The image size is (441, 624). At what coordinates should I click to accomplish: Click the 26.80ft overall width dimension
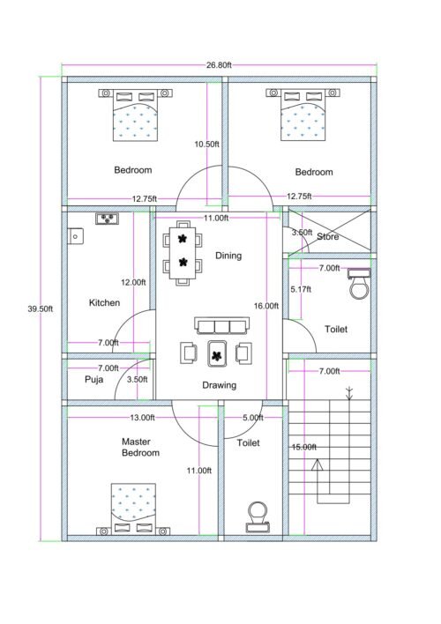click(x=219, y=65)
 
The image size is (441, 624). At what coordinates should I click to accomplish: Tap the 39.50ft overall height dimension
click(x=41, y=309)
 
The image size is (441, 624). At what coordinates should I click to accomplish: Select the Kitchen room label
click(x=104, y=302)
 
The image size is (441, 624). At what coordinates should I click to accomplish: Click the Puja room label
click(x=93, y=380)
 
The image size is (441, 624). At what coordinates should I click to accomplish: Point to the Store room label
click(x=328, y=236)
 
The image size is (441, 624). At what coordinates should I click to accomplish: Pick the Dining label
click(x=228, y=256)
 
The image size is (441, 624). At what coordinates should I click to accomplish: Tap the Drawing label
click(x=218, y=385)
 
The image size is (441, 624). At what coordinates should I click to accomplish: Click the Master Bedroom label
click(x=140, y=446)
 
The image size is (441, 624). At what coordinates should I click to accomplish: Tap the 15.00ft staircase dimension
click(x=303, y=447)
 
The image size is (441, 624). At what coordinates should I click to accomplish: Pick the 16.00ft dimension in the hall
click(x=266, y=306)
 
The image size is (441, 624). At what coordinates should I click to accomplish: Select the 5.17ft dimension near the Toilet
click(x=302, y=289)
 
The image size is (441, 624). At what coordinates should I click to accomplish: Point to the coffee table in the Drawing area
click(x=217, y=354)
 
